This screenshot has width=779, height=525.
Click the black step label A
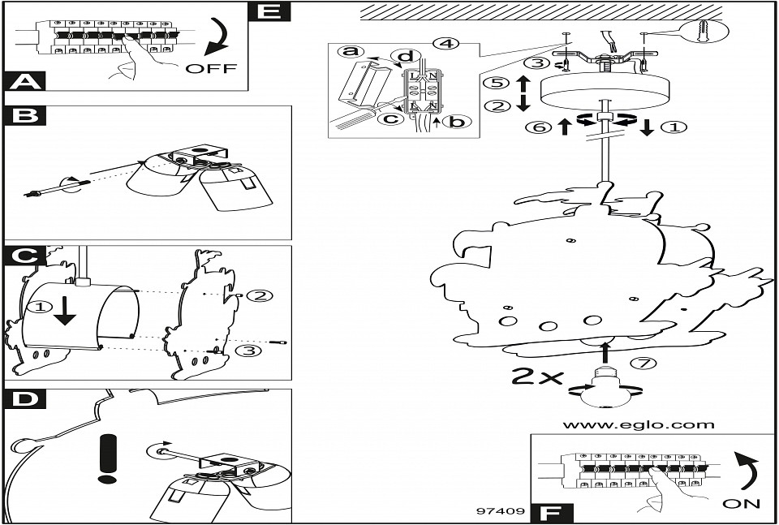[x=26, y=81]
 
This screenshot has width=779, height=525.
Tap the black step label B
[x=26, y=115]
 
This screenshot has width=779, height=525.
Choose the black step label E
[x=269, y=11]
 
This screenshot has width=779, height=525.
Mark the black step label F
[x=551, y=513]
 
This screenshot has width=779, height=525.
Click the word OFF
[x=211, y=68]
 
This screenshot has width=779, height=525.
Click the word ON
[x=740, y=503]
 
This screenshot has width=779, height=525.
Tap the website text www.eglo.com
[x=639, y=424]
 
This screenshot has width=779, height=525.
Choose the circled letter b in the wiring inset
[x=457, y=122]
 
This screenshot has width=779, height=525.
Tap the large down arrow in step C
[x=63, y=312]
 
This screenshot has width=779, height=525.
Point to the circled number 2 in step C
[x=258, y=295]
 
